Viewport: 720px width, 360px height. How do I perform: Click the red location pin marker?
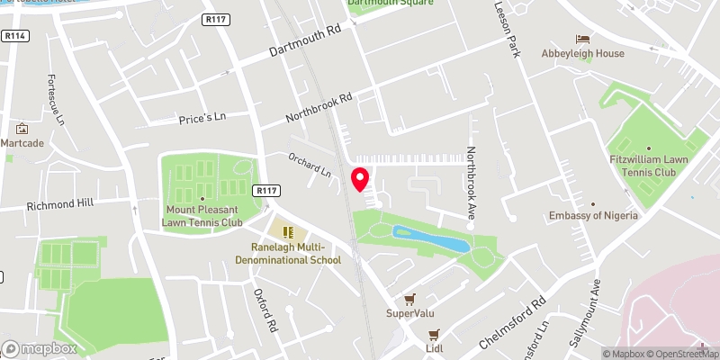click(x=360, y=179)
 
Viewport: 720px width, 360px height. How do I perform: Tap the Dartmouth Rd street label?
click(x=307, y=40)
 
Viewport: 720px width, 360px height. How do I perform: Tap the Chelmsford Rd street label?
click(x=513, y=317)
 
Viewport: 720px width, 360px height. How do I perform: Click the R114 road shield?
click(x=13, y=36)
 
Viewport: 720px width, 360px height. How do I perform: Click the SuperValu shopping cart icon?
click(x=410, y=298)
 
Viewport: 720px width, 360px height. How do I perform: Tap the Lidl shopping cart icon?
click(x=433, y=334)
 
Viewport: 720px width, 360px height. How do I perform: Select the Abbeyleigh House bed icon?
click(x=582, y=39)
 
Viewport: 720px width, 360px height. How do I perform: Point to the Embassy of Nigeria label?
click(x=594, y=216)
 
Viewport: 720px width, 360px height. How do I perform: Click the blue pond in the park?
click(x=430, y=238)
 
